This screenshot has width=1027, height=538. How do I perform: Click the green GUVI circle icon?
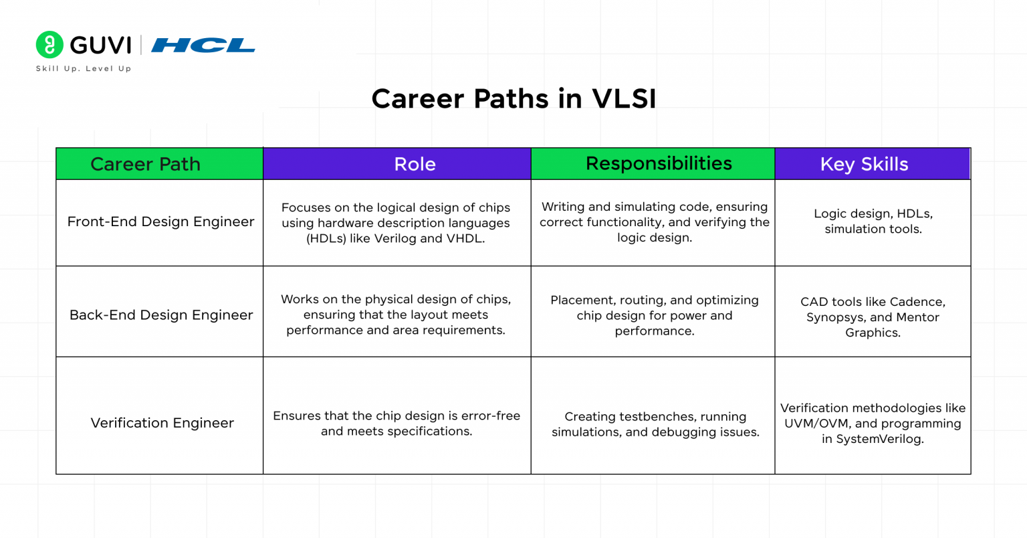49,44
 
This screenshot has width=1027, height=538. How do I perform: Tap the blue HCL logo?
203,45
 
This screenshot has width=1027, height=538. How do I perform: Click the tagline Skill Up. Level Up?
84,68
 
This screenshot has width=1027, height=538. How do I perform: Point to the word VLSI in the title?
624,99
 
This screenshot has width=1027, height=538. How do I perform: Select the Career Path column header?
145,164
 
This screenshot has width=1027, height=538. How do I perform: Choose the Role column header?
415,164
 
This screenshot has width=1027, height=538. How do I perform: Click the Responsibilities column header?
659,163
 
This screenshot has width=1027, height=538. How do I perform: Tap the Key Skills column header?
864,164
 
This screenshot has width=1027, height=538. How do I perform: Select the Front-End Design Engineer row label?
160,221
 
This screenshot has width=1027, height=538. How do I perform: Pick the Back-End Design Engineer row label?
161,315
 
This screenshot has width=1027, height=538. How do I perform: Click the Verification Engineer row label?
162,423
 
